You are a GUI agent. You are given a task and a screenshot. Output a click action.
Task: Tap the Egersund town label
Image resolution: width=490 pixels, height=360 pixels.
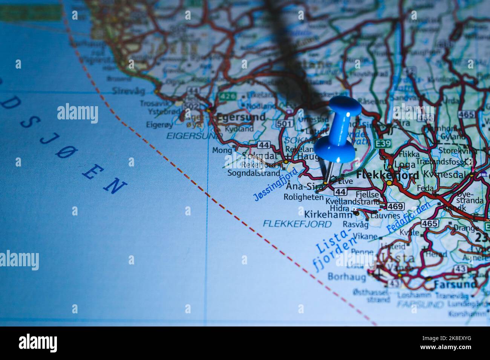240,117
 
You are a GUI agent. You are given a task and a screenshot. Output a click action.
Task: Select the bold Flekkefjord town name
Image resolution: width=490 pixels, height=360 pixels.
387,175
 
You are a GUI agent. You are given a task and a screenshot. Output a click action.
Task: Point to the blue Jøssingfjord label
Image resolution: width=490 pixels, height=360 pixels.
276,185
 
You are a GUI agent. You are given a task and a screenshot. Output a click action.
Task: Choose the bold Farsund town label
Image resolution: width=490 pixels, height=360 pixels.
455,284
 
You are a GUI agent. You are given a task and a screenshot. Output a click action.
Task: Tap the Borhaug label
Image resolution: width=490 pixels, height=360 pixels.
346,277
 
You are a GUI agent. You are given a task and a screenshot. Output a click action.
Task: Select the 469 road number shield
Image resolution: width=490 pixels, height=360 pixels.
395,206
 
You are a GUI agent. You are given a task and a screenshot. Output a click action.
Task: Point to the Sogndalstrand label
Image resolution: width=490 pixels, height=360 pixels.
254,173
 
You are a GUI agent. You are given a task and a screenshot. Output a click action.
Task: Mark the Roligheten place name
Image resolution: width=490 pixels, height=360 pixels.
303,197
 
